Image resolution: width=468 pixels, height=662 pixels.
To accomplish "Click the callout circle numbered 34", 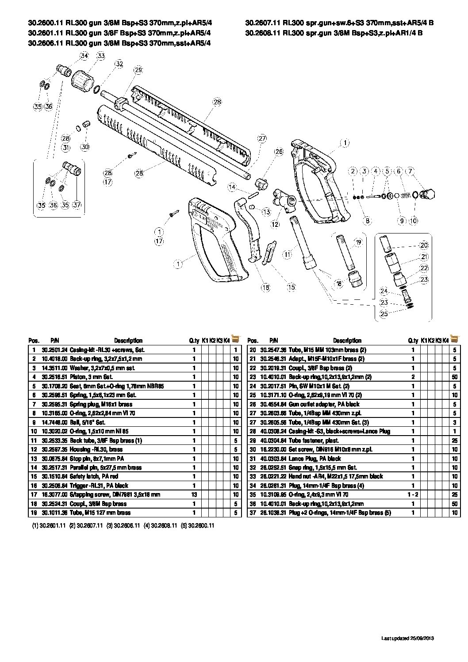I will pyautogui.click(x=84, y=56).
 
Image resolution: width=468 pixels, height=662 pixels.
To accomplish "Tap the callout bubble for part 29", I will pyautogui.click(x=138, y=70).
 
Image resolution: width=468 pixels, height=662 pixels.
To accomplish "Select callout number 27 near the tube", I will pyautogui.click(x=262, y=138).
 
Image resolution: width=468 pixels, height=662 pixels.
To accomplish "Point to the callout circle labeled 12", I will pyautogui.click(x=275, y=225).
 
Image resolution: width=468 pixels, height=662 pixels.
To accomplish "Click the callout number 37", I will pyautogui.click(x=77, y=205).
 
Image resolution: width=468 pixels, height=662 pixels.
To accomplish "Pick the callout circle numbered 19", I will pyautogui.click(x=358, y=242).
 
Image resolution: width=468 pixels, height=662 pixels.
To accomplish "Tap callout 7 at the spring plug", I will pyautogui.click(x=410, y=171).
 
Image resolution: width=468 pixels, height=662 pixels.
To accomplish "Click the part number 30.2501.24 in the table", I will pyautogui.click(x=54, y=350).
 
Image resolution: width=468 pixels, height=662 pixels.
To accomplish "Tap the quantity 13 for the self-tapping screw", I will pyautogui.click(x=194, y=494).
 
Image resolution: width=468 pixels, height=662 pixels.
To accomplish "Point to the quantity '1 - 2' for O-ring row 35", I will pyautogui.click(x=413, y=494).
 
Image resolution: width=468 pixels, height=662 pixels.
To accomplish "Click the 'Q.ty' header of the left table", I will pyautogui.click(x=194, y=341).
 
